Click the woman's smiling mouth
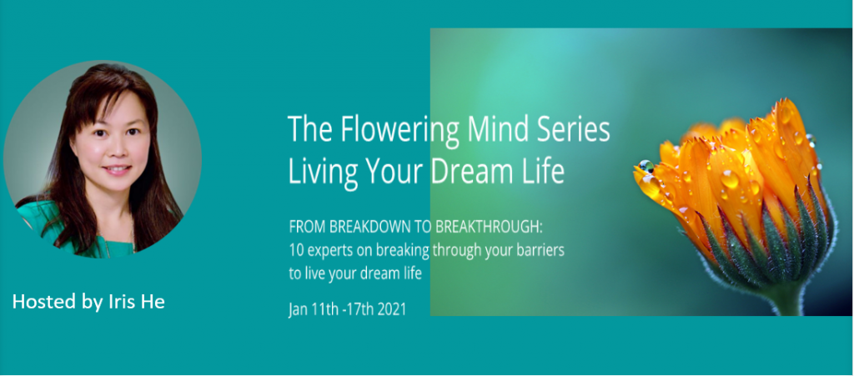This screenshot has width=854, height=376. coord(116,170)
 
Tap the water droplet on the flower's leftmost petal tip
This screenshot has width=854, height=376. coord(646,167)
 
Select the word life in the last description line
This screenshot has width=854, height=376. coord(412,273)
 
